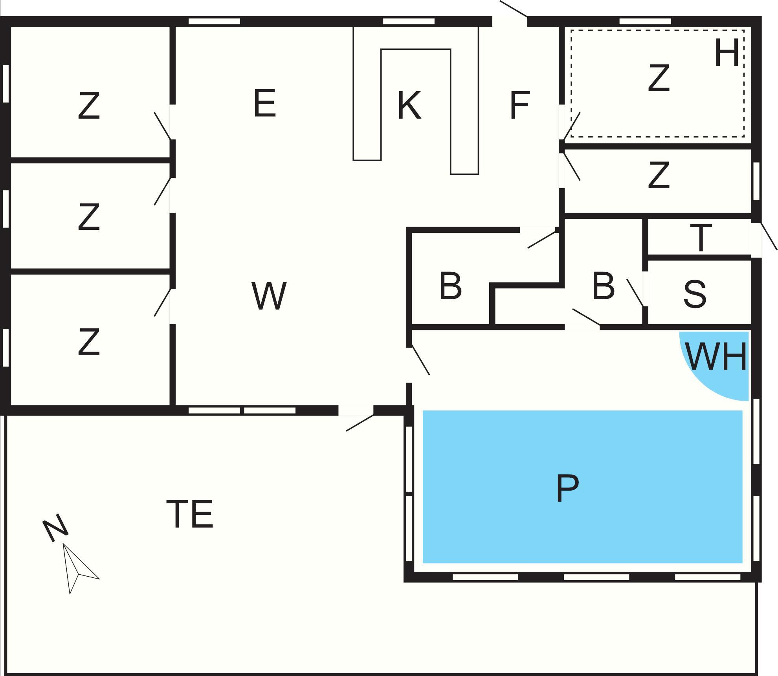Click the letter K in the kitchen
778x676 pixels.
[x=409, y=105]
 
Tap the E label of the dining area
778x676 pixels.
[x=264, y=103]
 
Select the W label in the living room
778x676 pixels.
[x=269, y=295]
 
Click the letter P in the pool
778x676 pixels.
[x=567, y=488]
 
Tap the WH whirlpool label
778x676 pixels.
[x=716, y=356]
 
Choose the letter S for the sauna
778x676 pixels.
[x=695, y=293]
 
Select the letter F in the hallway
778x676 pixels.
[x=519, y=105]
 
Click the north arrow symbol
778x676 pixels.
[x=79, y=568]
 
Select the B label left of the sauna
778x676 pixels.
[x=603, y=286]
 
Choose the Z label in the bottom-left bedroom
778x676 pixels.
[x=89, y=342]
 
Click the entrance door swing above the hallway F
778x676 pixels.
[x=514, y=9]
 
